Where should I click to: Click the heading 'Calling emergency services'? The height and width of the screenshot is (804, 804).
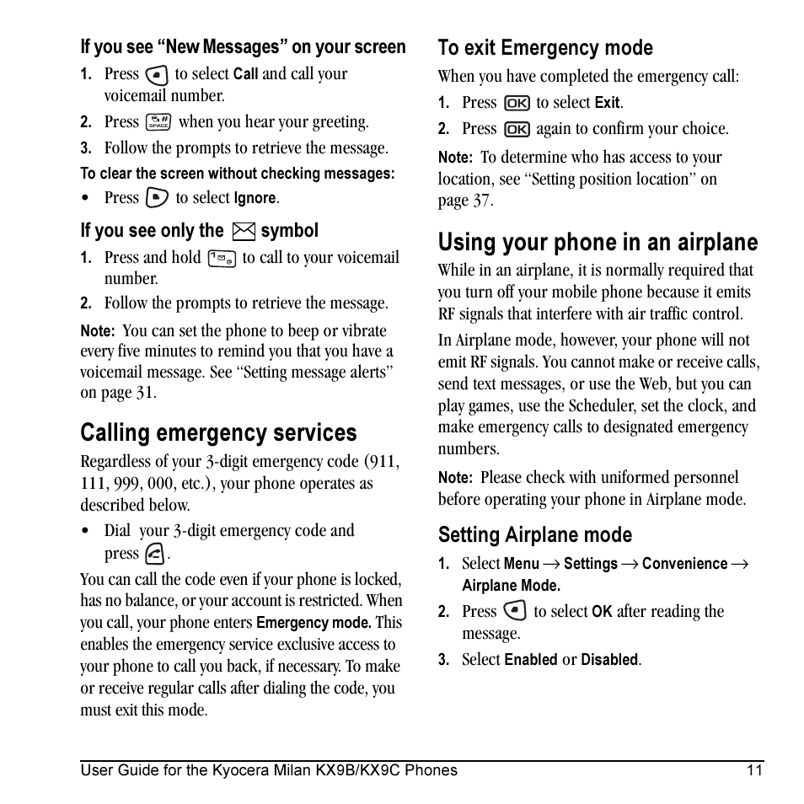pyautogui.click(x=218, y=433)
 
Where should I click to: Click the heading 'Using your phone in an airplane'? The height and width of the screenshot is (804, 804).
pyautogui.click(x=598, y=243)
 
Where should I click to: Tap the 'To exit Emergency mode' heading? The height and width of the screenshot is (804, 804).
pyautogui.click(x=545, y=48)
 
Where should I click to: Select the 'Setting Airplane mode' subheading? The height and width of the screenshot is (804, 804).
pyautogui.click(x=534, y=535)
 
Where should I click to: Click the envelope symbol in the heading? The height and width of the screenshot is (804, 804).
pyautogui.click(x=243, y=231)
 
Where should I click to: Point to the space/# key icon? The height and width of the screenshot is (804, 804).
pyautogui.click(x=158, y=122)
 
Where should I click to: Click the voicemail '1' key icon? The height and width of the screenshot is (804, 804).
pyautogui.click(x=221, y=259)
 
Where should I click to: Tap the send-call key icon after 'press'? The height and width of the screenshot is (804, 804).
pyautogui.click(x=154, y=555)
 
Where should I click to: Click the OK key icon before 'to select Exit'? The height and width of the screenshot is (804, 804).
pyautogui.click(x=516, y=103)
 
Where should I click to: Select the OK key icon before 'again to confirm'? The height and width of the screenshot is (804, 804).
pyautogui.click(x=516, y=130)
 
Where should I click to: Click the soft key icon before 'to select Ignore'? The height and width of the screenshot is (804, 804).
pyautogui.click(x=157, y=198)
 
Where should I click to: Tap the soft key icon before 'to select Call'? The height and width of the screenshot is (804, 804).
pyautogui.click(x=156, y=74)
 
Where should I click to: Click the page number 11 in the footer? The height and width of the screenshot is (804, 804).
pyautogui.click(x=754, y=769)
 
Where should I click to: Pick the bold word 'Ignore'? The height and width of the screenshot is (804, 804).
pyautogui.click(x=255, y=199)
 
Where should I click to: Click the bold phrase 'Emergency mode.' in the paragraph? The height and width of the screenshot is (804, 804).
pyautogui.click(x=314, y=623)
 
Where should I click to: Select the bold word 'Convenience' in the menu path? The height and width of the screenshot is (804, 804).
pyautogui.click(x=684, y=564)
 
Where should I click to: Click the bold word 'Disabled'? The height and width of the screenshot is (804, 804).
pyautogui.click(x=610, y=660)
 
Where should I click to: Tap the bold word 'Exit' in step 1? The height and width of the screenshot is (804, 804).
pyautogui.click(x=607, y=104)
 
